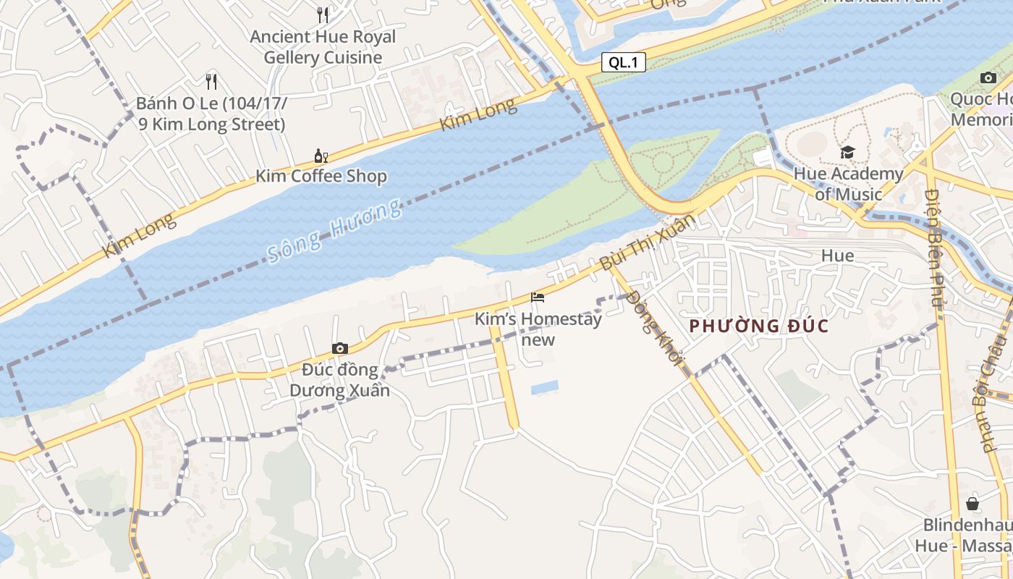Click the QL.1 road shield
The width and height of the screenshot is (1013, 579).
point(623,62)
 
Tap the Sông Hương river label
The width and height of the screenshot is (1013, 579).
point(334,231)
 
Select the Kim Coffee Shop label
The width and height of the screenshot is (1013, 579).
point(321,176)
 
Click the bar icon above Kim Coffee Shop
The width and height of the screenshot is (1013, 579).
point(321,155)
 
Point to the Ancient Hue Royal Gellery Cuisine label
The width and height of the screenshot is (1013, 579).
point(323,46)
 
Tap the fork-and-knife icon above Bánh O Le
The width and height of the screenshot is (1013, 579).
point(211,81)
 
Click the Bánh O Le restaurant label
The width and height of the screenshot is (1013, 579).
point(211,114)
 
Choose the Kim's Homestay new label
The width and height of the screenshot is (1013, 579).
point(538,329)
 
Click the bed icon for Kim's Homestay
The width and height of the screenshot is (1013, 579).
point(538,297)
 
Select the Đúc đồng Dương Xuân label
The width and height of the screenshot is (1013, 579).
point(340,380)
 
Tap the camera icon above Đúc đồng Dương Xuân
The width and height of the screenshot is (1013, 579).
point(340,349)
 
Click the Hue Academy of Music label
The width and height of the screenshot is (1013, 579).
point(848,184)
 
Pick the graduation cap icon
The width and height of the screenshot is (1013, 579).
point(847,152)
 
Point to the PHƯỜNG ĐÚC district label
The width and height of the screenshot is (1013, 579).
point(758,326)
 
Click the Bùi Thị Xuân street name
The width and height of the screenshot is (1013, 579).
point(646,242)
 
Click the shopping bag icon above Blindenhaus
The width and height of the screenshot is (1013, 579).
point(972,504)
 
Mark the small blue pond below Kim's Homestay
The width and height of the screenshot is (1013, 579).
point(545,387)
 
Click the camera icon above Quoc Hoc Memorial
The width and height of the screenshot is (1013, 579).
point(988,77)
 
